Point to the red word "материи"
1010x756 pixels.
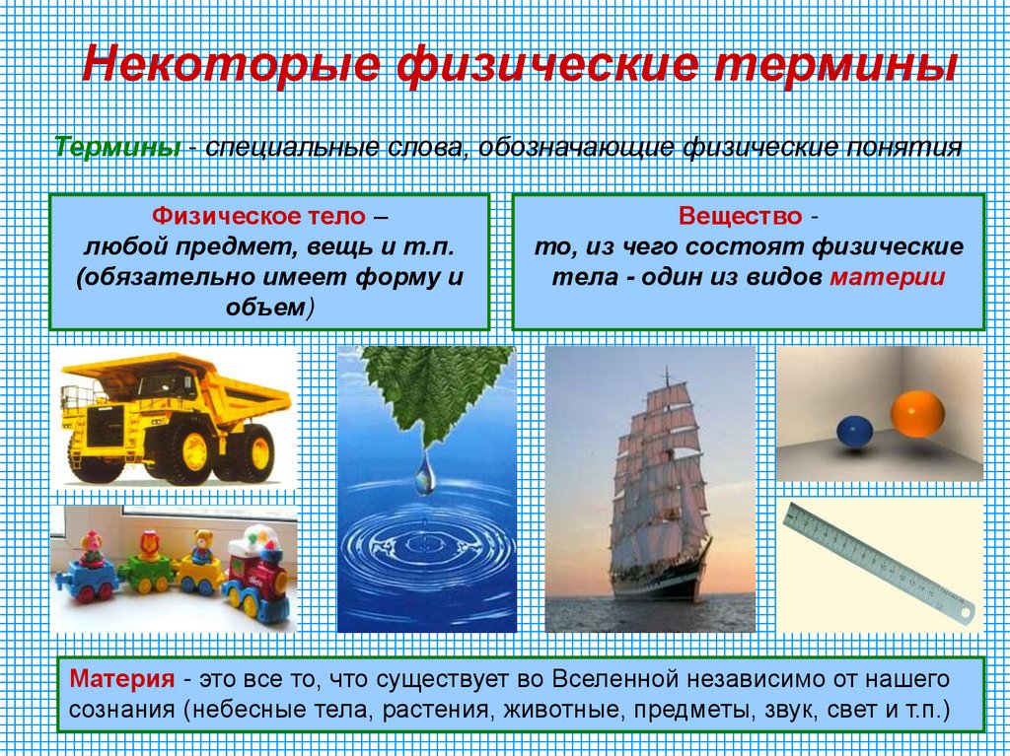[x=887, y=276]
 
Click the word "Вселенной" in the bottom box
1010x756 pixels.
[x=611, y=680]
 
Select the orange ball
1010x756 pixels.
[x=916, y=413]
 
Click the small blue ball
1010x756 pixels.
[x=854, y=431]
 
